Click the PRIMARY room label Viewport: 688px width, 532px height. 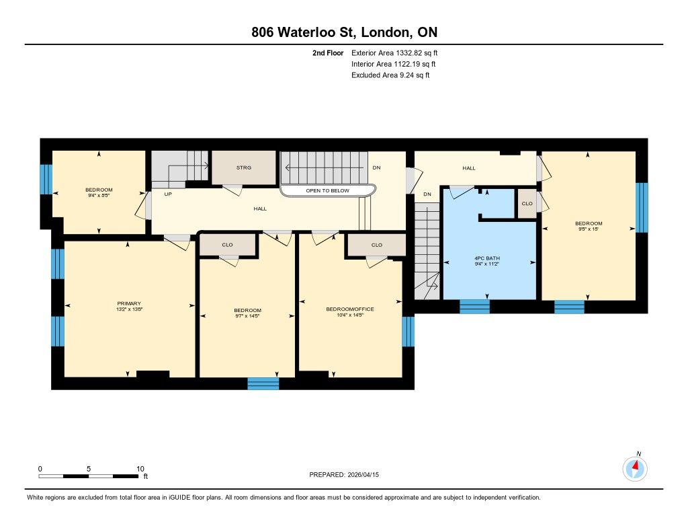[x=129, y=303]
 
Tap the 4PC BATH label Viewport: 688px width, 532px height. [x=487, y=258]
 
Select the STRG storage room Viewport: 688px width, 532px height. [x=244, y=168]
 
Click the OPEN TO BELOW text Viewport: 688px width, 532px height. [x=328, y=190]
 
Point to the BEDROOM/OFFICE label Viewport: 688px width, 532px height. [x=350, y=309]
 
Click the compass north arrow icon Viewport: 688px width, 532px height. [x=635, y=468]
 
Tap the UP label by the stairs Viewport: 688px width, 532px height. [x=168, y=194]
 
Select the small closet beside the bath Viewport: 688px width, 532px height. [x=527, y=203]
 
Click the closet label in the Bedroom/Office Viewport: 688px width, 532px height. [x=377, y=245]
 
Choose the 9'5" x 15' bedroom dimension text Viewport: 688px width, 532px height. [x=589, y=229]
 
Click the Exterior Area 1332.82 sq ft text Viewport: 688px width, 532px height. [x=394, y=52]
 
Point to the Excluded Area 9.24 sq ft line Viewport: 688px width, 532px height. [x=390, y=75]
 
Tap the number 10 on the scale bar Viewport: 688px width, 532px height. [x=140, y=469]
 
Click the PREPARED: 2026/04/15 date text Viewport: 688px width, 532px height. [x=344, y=474]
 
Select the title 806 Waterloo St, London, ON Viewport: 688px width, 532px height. [x=345, y=32]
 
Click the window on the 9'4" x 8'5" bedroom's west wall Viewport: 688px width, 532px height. [x=46, y=179]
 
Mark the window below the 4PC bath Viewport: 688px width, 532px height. [x=475, y=307]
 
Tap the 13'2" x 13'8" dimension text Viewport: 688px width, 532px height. [x=130, y=309]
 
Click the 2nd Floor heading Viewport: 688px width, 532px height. [x=328, y=52]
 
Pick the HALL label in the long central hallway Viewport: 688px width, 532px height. [x=260, y=208]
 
